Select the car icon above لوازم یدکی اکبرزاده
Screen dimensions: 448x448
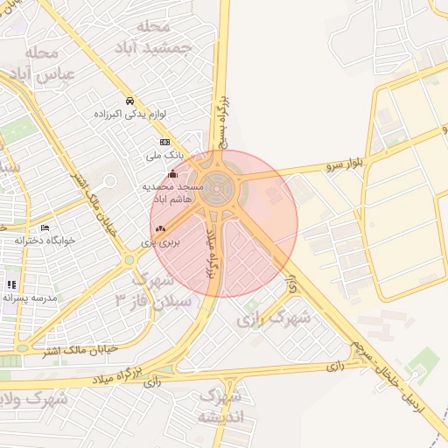point(129,100)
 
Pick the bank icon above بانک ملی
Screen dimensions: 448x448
point(164,142)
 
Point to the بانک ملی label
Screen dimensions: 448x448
point(164,155)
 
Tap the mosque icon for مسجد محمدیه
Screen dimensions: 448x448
point(172,173)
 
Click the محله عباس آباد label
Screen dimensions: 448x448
point(26,63)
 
